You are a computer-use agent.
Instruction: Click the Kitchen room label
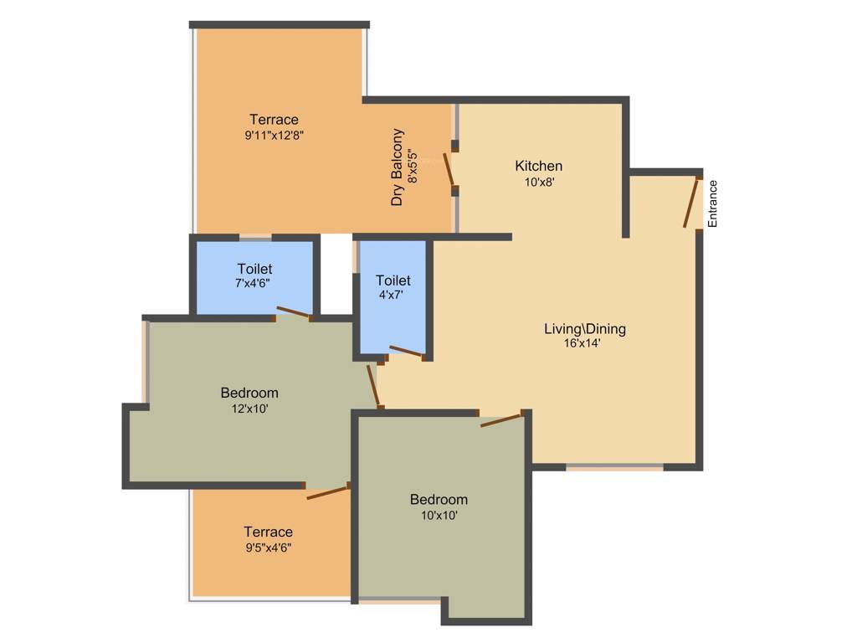point(538,166)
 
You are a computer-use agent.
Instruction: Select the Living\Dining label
point(585,328)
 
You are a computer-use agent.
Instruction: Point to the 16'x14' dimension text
point(582,342)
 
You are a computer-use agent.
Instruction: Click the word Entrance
point(713,203)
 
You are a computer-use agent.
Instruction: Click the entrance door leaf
point(691,202)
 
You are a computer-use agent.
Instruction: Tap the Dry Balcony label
point(398,167)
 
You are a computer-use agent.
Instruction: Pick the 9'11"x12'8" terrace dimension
point(274,135)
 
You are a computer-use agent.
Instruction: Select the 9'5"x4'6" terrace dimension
point(268,548)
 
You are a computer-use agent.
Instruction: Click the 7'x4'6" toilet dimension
point(253,284)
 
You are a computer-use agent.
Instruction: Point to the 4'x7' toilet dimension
point(393,295)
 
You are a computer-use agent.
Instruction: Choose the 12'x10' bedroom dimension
point(249,409)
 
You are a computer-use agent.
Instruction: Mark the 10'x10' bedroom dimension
point(439,516)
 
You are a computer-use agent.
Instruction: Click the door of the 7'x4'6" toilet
point(293,313)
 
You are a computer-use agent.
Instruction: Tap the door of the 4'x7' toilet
point(408,352)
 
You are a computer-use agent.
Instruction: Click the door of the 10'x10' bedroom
point(503,419)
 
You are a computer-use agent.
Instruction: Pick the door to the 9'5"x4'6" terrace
point(327,491)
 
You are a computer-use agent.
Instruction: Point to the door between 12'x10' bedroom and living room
point(374,385)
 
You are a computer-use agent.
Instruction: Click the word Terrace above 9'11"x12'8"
point(274,120)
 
